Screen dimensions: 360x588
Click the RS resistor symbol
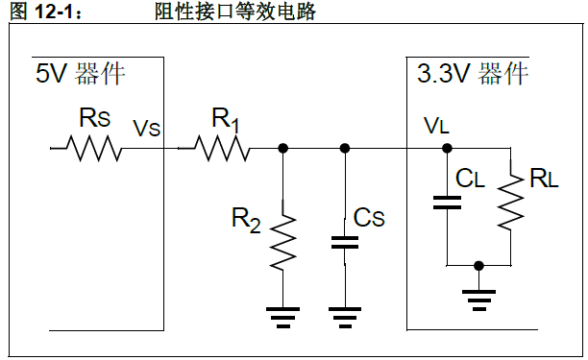click(x=93, y=149)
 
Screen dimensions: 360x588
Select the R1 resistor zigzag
click(x=222, y=149)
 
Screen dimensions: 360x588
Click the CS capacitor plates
click(x=344, y=241)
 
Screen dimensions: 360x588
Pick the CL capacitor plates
click(x=447, y=202)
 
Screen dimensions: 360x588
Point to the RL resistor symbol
click(x=508, y=197)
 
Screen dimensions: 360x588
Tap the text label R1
click(x=223, y=120)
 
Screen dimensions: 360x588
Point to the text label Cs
click(x=369, y=219)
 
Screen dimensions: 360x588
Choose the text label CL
click(x=472, y=178)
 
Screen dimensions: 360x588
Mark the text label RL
click(x=543, y=178)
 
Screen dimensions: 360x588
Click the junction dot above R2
click(x=282, y=149)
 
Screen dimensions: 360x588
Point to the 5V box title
click(x=81, y=74)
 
